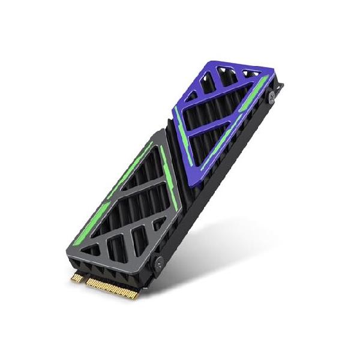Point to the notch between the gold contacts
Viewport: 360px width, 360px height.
[x=84, y=279]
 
